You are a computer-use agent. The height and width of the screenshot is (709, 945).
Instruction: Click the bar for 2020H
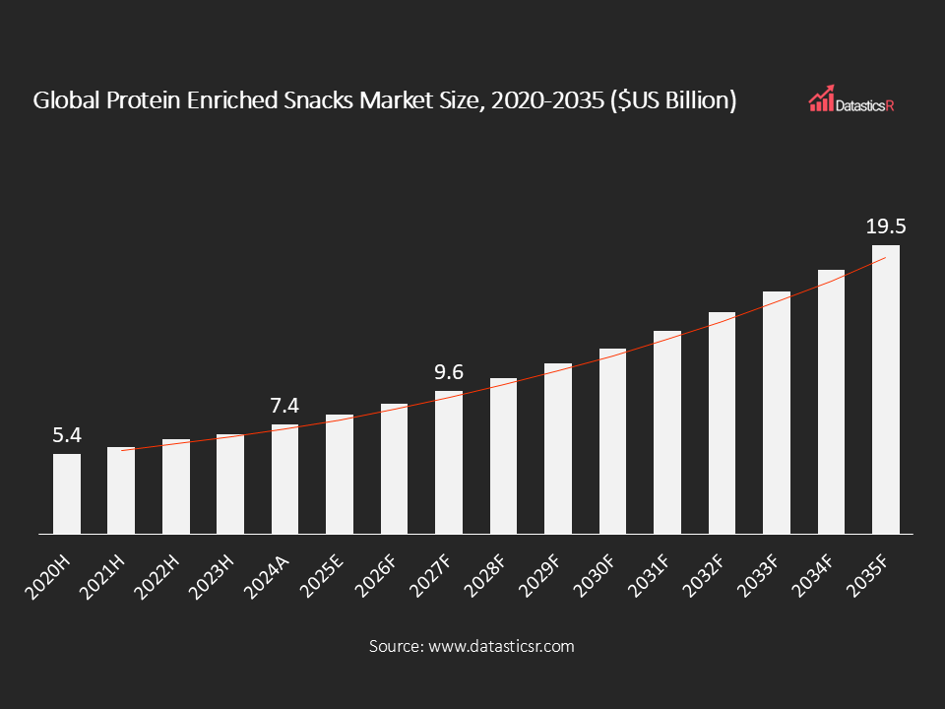point(67,493)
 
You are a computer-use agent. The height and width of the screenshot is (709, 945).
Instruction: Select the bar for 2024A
point(284,479)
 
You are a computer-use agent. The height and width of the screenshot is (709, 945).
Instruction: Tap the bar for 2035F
point(885,389)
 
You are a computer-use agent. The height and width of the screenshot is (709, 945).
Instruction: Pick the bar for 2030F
point(612,441)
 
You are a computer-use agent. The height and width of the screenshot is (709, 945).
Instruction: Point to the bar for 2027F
point(449,462)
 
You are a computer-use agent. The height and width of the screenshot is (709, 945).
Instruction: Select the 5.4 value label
point(67,435)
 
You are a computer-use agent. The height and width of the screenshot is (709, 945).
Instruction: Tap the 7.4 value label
point(284,406)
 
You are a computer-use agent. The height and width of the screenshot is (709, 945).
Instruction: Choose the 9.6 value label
point(449,372)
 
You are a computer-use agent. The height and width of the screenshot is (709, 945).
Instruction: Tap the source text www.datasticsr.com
point(500,647)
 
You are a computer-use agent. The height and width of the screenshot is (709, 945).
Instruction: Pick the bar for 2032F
point(722,422)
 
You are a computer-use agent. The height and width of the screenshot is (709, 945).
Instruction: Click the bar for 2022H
point(176,486)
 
